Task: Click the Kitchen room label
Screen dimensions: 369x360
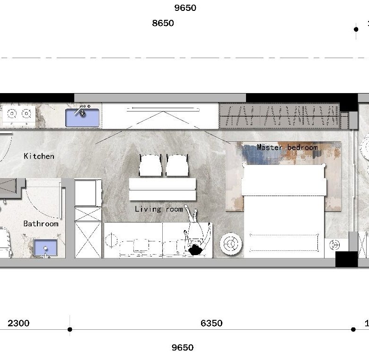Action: [39, 156]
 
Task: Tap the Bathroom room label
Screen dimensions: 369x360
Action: [41, 223]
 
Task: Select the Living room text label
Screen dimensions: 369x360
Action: [159, 209]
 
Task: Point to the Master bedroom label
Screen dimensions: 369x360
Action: [287, 147]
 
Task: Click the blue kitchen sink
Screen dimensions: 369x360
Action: [82, 118]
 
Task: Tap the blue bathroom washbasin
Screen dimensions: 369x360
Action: [45, 247]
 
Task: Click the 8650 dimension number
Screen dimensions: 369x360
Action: [163, 23]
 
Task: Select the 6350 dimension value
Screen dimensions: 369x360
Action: [211, 323]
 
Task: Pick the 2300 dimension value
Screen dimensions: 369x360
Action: [18, 323]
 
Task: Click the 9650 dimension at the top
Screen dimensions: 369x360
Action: [185, 8]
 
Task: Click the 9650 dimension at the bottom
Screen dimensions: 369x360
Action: [183, 347]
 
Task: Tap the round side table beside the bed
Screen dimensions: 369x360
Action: [231, 244]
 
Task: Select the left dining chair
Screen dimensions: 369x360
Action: [150, 165]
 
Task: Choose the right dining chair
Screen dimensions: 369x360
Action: [177, 165]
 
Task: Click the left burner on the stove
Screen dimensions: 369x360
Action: [12, 114]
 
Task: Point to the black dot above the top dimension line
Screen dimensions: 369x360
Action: [356, 29]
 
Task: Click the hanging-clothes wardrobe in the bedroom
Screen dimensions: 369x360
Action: [280, 116]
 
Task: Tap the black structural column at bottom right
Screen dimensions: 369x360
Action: [346, 259]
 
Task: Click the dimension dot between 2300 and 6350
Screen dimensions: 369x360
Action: [70, 329]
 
